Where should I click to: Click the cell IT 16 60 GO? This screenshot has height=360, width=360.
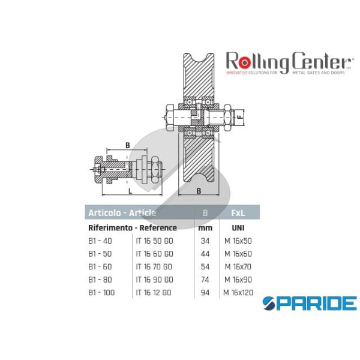[x=154, y=254]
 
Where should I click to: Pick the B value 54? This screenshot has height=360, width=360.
[x=205, y=266]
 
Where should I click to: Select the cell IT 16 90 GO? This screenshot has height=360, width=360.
[x=154, y=280]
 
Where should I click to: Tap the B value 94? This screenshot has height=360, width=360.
[x=205, y=292]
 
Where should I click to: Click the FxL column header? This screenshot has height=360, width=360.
[x=237, y=212]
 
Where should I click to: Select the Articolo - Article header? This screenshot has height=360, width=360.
[x=122, y=212]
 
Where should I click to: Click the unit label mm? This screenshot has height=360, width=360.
[x=205, y=228]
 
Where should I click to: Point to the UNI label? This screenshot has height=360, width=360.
[x=237, y=228]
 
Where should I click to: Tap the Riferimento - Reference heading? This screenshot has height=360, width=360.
[x=133, y=228]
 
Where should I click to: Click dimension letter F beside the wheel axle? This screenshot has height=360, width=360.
[x=240, y=117]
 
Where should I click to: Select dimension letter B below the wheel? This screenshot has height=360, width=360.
[x=199, y=192]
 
